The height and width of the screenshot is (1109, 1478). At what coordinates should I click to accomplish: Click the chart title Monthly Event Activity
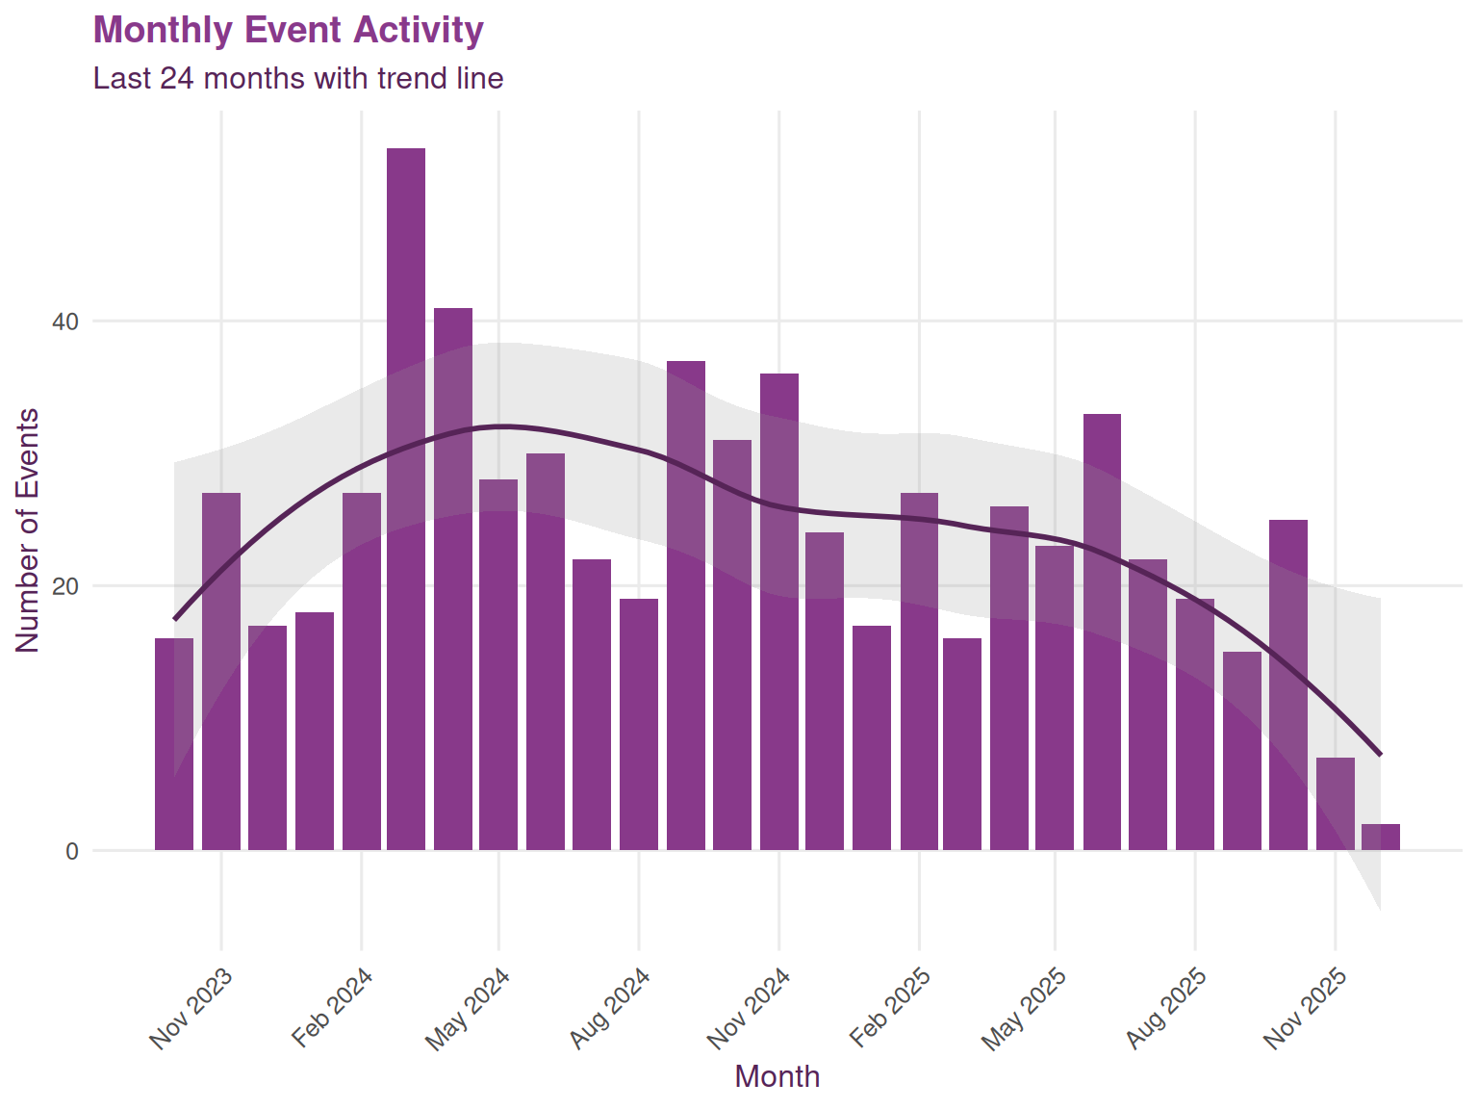288,30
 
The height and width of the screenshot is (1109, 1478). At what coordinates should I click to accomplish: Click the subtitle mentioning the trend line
298,78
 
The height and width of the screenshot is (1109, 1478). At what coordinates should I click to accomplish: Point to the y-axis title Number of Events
28,530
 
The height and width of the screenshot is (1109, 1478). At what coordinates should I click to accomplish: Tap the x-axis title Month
777,1076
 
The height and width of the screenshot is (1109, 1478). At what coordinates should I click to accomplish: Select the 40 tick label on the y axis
64,322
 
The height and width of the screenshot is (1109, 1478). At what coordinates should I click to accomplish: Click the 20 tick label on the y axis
64,586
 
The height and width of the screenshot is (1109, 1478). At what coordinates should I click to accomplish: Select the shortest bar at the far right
1381,838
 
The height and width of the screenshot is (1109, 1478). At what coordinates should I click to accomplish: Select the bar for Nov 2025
1336,805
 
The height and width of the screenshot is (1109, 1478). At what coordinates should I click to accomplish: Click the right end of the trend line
1381,754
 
